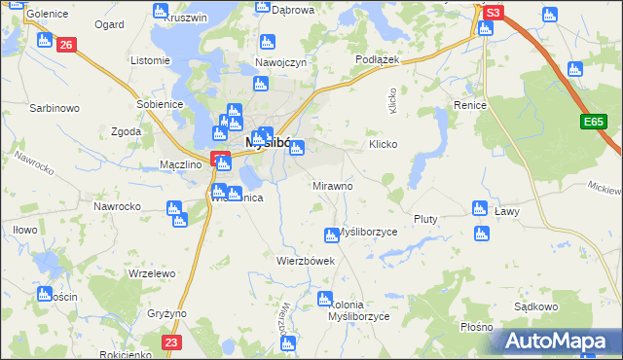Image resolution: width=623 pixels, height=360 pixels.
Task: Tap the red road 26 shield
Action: pyautogui.click(x=66, y=45)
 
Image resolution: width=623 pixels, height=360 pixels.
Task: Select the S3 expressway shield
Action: pyautogui.click(x=494, y=13)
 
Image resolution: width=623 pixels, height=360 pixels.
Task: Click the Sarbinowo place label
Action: pyautogui.click(x=54, y=108)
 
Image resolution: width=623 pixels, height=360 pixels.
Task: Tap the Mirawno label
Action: pyautogui.click(x=332, y=185)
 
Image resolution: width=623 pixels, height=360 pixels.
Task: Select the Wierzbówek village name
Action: pyautogui.click(x=306, y=261)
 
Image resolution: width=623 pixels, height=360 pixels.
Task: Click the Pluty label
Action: pyautogui.click(x=426, y=219)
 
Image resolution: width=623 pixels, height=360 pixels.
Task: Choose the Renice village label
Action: pyautogui.click(x=469, y=104)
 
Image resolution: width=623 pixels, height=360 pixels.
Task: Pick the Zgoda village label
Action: pyautogui.click(x=127, y=131)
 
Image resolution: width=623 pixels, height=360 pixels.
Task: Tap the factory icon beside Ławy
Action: pyautogui.click(x=479, y=207)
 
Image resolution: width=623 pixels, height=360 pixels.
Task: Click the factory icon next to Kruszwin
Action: pyautogui.click(x=161, y=10)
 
